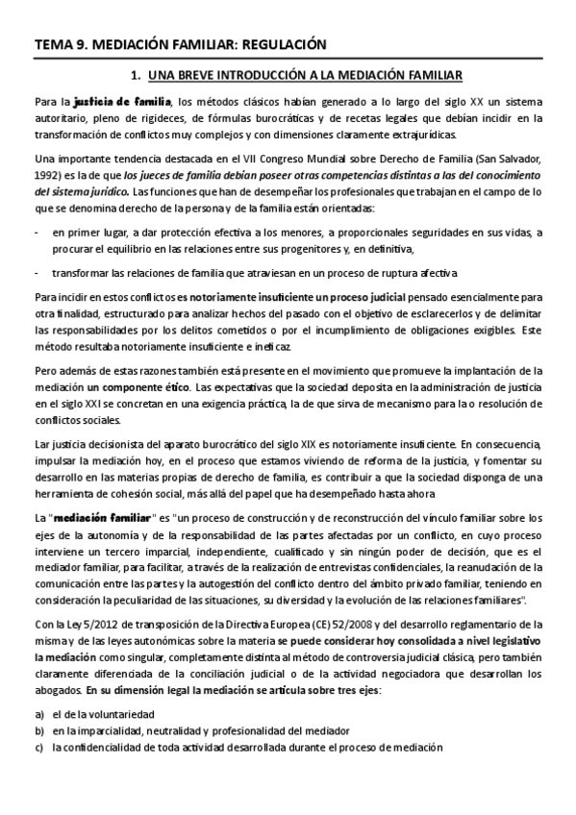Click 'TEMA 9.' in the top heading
[61, 44]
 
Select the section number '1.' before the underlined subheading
[137, 74]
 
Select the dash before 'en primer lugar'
[37, 233]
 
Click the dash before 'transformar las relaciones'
[37, 272]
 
